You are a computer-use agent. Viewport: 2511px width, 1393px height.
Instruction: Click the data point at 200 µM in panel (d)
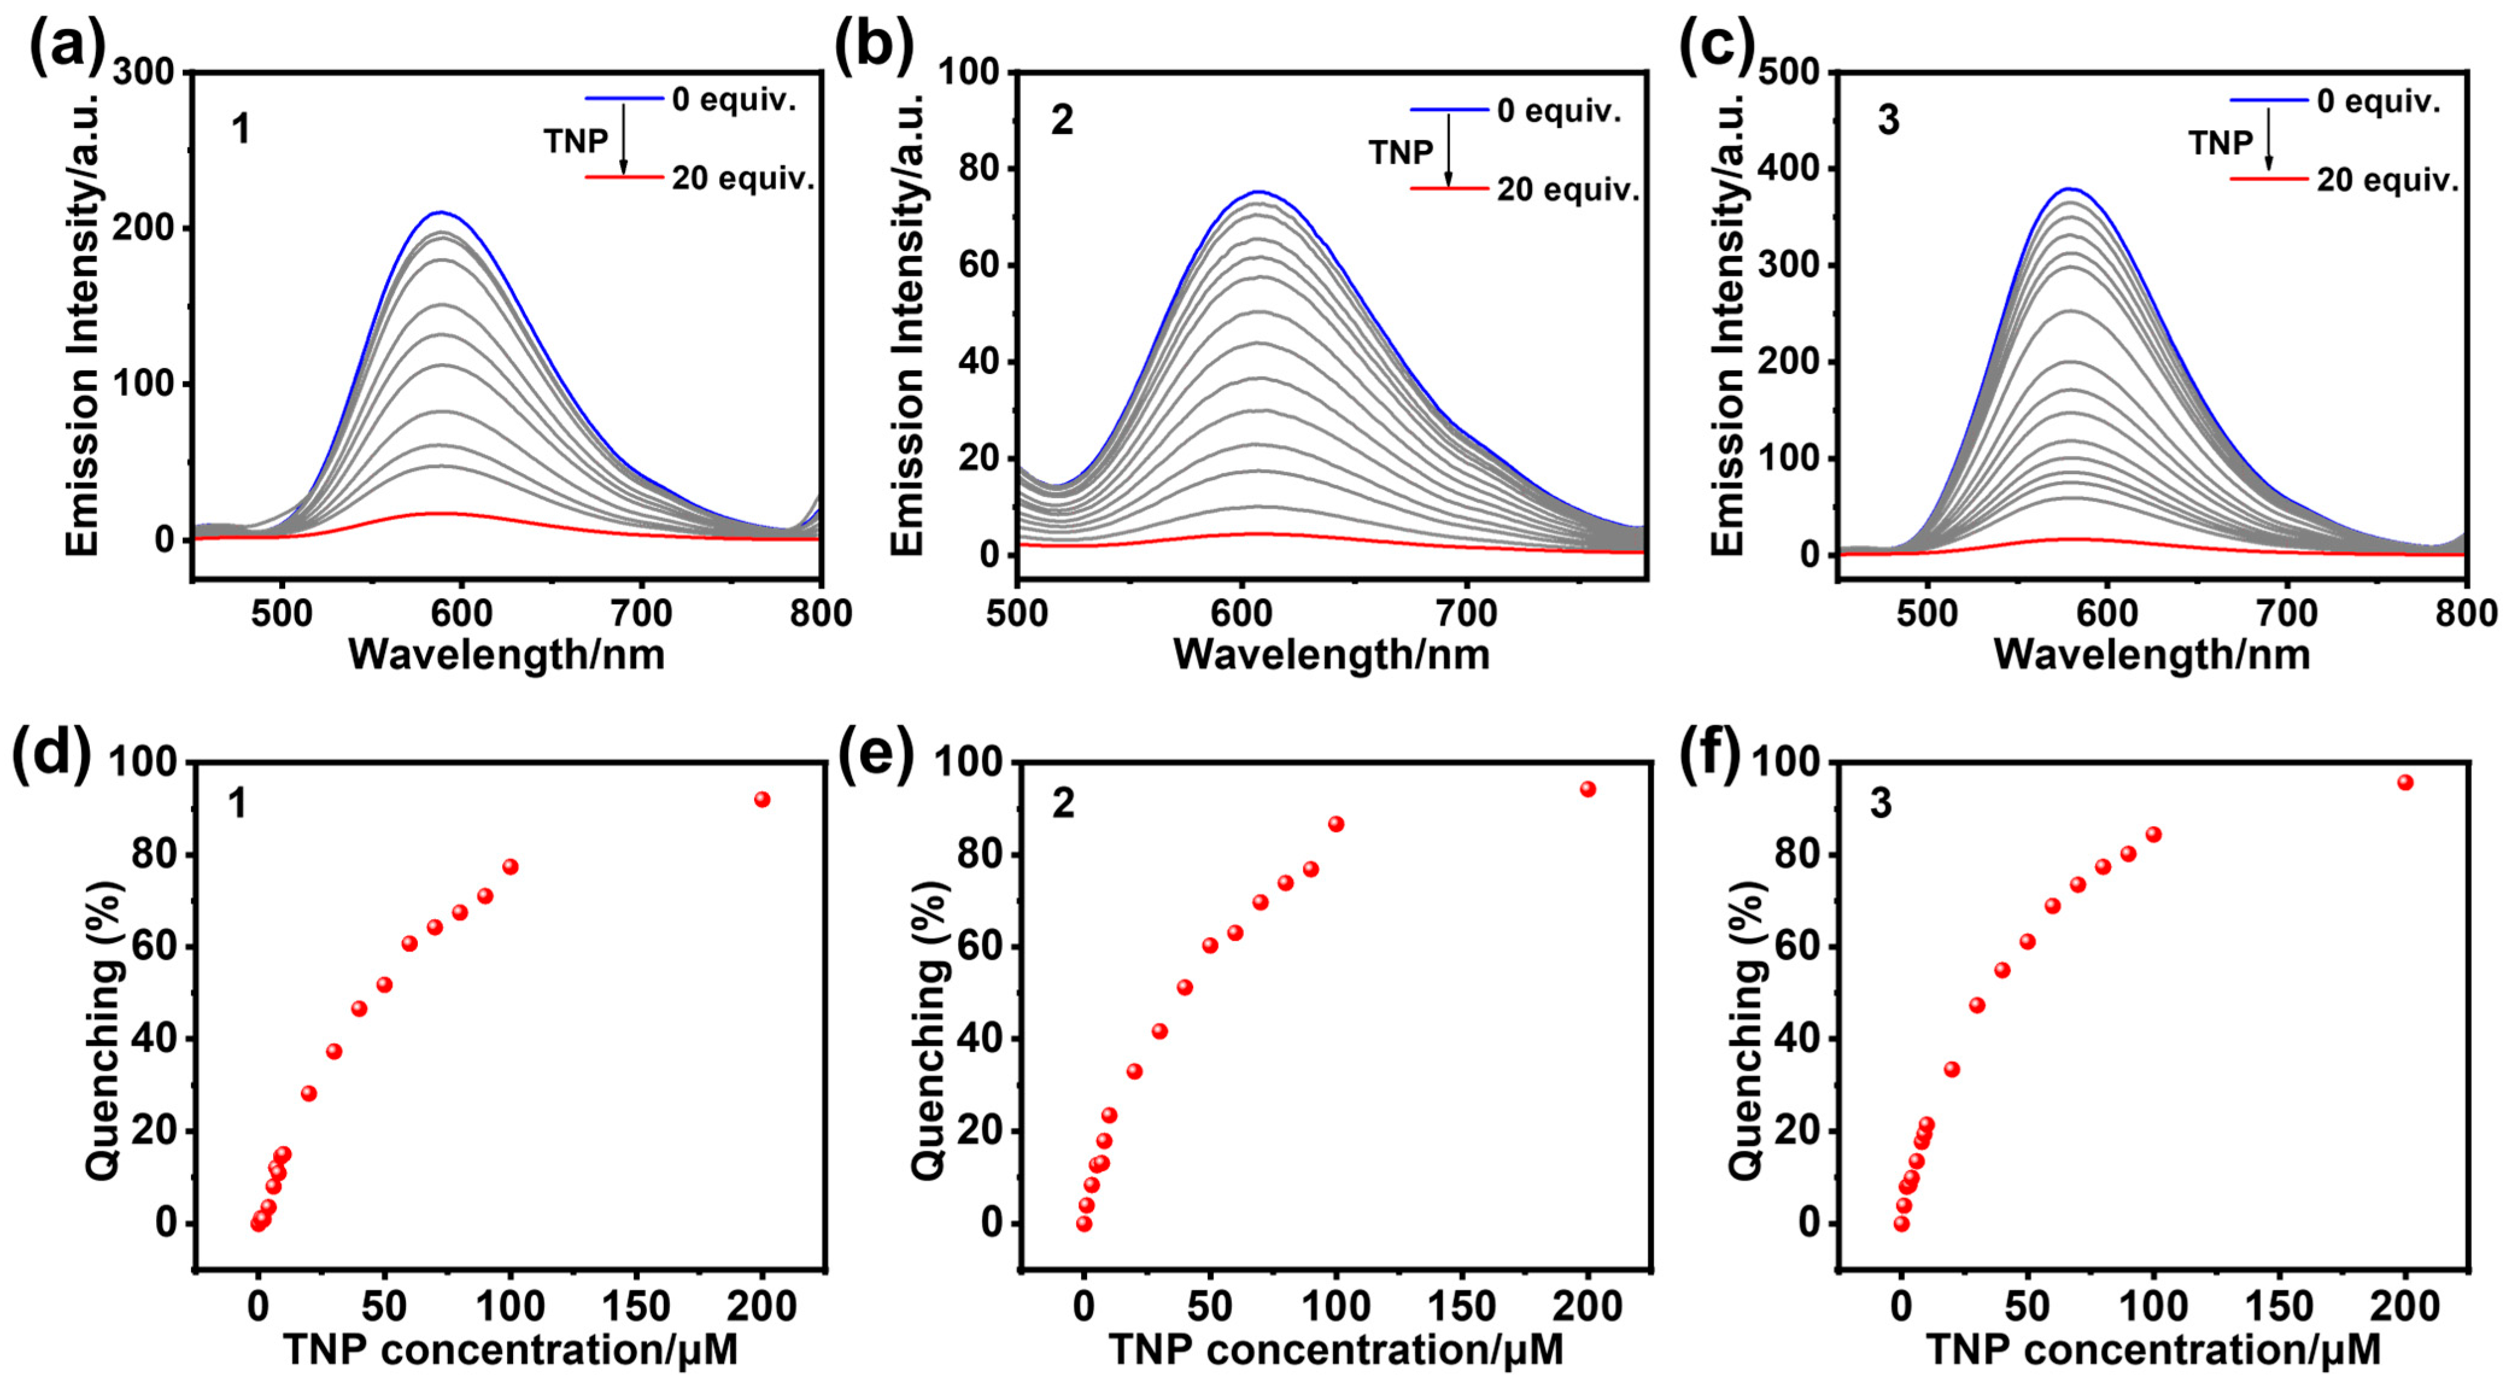(762, 800)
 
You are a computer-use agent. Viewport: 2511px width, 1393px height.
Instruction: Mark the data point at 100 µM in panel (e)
(1335, 824)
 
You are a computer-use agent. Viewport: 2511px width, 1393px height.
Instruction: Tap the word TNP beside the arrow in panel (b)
(1400, 153)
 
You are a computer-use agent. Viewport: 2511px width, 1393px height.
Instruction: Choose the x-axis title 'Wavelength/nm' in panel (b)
(1332, 654)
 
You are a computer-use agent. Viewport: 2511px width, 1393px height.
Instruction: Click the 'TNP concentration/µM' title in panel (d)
(510, 1350)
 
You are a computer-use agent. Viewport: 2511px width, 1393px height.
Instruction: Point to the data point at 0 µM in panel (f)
(1901, 1224)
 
